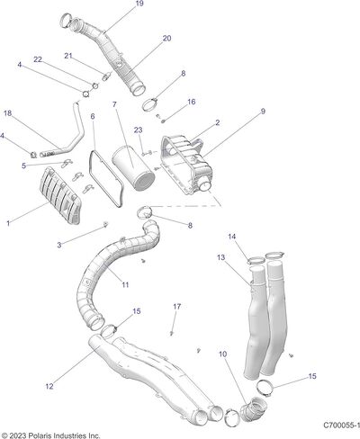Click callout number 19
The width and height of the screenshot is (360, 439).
pyautogui.click(x=139, y=4)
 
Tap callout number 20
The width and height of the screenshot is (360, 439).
pyautogui.click(x=166, y=39)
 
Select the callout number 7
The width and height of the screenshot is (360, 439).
pyautogui.click(x=114, y=104)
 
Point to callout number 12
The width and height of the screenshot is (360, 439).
pyautogui.click(x=49, y=386)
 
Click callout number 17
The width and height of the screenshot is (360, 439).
pyautogui.click(x=177, y=307)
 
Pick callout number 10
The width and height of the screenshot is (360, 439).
pyautogui.click(x=222, y=354)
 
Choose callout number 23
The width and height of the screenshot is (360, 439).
pyautogui.click(x=138, y=130)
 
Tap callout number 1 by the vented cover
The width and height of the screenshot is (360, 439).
pyautogui.click(x=8, y=223)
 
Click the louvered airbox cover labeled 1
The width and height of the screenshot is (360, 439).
pyautogui.click(x=60, y=196)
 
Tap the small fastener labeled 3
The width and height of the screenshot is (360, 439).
pyautogui.click(x=105, y=224)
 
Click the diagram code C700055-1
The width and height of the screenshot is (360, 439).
pyautogui.click(x=341, y=426)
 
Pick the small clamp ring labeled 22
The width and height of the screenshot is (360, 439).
pyautogui.click(x=95, y=85)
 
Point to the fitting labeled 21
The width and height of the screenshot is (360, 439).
pyautogui.click(x=106, y=76)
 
